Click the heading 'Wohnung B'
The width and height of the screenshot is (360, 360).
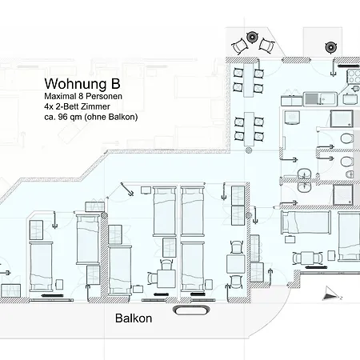pyautogui.click(x=82, y=83)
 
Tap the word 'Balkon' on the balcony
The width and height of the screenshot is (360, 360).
pyautogui.click(x=134, y=318)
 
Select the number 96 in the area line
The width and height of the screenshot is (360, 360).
pyautogui.click(x=60, y=117)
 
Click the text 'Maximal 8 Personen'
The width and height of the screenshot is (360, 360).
pyautogui.click(x=83, y=96)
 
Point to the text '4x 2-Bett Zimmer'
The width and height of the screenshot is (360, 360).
pyautogui.click(x=77, y=106)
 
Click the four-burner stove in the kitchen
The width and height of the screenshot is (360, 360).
pyautogui.click(x=354, y=76)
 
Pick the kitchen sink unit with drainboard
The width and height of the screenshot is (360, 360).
pyautogui.click(x=320, y=98)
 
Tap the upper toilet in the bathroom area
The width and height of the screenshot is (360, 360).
pyautogui.click(x=347, y=138)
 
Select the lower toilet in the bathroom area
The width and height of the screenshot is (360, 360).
pyautogui.click(x=347, y=162)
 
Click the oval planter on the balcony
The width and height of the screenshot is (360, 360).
pyautogui.click(x=191, y=310)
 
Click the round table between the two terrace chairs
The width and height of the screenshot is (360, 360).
pyautogui.click(x=251, y=37)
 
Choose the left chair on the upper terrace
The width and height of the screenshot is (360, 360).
pyautogui.click(x=239, y=46)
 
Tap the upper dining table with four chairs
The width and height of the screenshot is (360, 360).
pyautogui.click(x=249, y=80)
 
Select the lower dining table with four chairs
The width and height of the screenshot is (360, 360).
pyautogui.click(x=249, y=130)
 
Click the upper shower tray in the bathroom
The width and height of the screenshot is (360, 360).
pyautogui.click(x=342, y=118)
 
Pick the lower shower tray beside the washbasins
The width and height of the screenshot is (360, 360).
pyautogui.click(x=343, y=195)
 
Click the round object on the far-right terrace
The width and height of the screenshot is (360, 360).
pyautogui.click(x=330, y=48)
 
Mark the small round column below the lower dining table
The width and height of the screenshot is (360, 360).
pyautogui.click(x=249, y=150)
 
